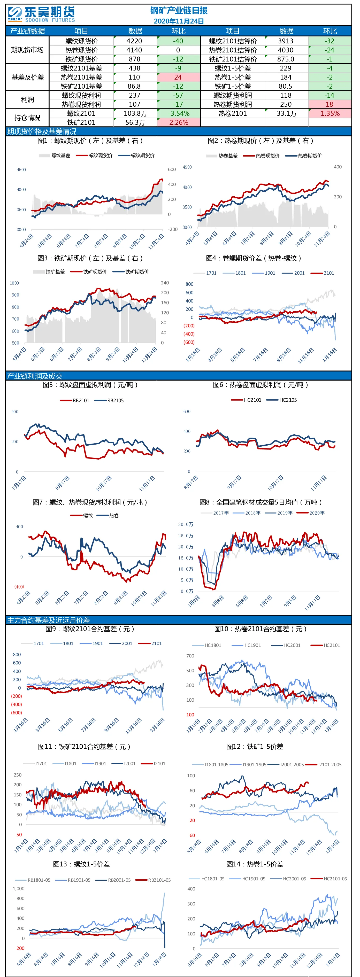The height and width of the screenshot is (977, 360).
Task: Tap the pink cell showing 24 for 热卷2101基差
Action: tap(178, 77)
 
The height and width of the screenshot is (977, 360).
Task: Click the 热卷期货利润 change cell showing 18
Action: tap(330, 104)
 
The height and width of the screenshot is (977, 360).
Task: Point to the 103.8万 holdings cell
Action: tap(135, 113)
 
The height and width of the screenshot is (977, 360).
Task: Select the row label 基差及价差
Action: tap(27, 77)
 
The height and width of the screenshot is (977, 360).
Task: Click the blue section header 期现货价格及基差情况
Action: tap(41, 131)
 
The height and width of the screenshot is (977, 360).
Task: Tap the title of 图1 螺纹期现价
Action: tap(90, 141)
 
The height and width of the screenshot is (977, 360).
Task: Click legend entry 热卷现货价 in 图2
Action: tap(268, 156)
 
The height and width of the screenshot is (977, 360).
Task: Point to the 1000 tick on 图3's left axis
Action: tap(14, 283)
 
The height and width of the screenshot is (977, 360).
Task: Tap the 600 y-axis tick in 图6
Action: tap(187, 412)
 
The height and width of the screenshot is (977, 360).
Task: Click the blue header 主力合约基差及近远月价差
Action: tap(49, 620)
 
